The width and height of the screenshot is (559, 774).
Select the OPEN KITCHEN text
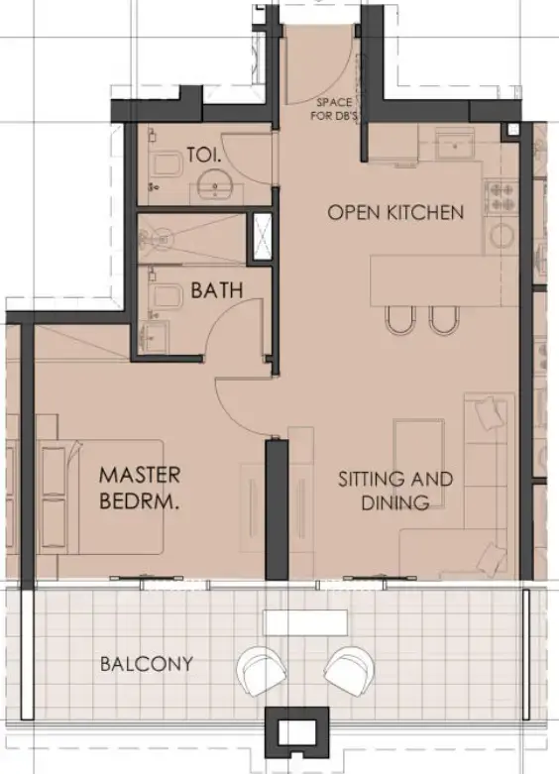395,212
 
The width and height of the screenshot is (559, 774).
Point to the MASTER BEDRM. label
140,490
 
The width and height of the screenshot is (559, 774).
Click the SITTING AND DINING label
395,491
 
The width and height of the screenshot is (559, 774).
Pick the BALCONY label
147,663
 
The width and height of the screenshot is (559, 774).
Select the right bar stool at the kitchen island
442,318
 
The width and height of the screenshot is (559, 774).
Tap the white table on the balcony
305,622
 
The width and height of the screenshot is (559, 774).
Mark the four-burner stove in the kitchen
502,195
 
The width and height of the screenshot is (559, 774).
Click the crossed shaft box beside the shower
262,238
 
